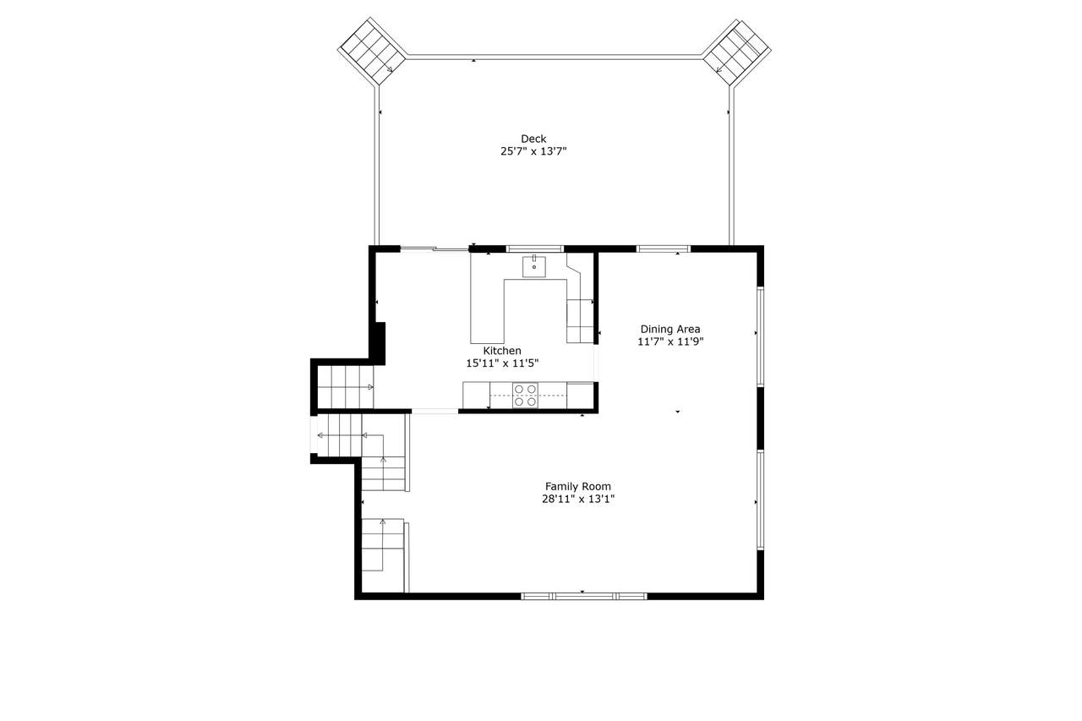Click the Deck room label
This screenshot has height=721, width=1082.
(x=533, y=139)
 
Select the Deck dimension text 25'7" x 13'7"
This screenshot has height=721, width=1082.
(x=533, y=151)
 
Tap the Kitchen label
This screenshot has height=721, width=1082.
(x=502, y=351)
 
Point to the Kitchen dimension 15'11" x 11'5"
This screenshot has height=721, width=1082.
(x=502, y=363)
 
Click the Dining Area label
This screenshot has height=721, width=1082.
(x=670, y=330)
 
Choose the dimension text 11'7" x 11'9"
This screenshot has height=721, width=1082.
(x=670, y=342)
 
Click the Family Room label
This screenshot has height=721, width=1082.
(x=577, y=487)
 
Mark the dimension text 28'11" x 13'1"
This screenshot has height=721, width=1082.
(x=577, y=500)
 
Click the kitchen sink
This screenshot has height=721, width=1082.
(x=533, y=266)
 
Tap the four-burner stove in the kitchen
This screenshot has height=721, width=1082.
(x=525, y=396)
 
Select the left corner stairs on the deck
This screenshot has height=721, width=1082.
(x=372, y=52)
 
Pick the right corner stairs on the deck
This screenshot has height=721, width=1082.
(x=736, y=52)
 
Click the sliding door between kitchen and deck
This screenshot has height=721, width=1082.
(x=434, y=249)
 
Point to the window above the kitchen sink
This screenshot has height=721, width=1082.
(x=535, y=249)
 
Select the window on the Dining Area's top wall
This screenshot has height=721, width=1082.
(x=664, y=249)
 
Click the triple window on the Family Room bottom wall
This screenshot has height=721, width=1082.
(x=583, y=597)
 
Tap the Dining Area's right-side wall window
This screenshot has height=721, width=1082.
(x=760, y=336)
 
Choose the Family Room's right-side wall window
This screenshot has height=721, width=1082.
(x=760, y=500)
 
